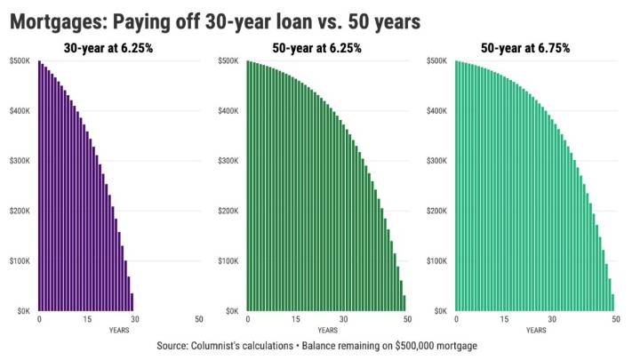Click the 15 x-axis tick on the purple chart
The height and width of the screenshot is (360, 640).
pyautogui.click(x=87, y=319)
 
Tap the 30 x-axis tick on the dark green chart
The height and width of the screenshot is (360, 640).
pyautogui.click(x=343, y=319)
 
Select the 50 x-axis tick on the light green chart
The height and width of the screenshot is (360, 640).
pyautogui.click(x=614, y=319)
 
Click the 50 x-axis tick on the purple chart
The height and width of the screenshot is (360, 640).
pyautogui.click(x=197, y=319)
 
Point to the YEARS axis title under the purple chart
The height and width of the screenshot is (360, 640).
pyautogui.click(x=118, y=330)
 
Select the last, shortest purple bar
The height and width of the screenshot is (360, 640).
pyautogui.click(x=132, y=302)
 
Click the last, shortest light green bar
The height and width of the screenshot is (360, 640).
pyautogui.click(x=612, y=302)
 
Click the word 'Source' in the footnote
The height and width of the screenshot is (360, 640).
pyautogui.click(x=174, y=345)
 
